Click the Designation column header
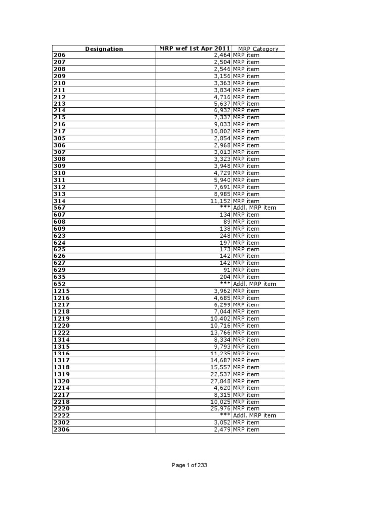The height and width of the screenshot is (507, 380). coord(104,49)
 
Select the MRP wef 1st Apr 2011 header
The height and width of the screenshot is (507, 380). coord(194,49)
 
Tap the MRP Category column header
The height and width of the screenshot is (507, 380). coord(258,49)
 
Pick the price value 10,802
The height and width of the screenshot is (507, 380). coord(220,131)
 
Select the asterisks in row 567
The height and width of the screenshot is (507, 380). coord(225,208)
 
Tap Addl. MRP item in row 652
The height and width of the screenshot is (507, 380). coord(254,284)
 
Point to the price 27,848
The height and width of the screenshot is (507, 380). coord(220,381)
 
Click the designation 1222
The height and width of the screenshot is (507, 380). coord(61,333)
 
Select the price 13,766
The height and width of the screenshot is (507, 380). coord(220,333)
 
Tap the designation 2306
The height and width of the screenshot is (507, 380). coord(61,430)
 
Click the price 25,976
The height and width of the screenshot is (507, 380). coord(220,408)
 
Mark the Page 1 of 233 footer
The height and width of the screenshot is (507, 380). coord(190,465)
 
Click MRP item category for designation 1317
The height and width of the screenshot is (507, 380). coord(246,360)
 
